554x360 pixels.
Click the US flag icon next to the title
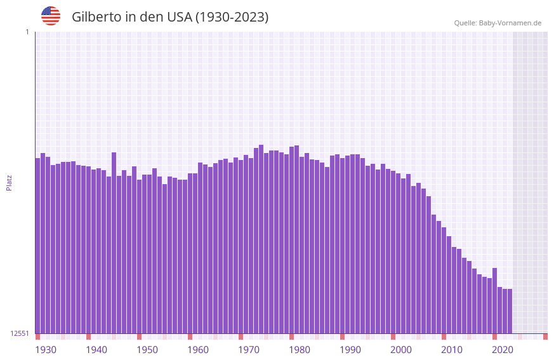pyautogui.click(x=51, y=16)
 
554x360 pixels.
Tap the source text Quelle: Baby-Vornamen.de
pyautogui.click(x=498, y=23)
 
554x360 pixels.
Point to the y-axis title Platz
pyautogui.click(x=9, y=183)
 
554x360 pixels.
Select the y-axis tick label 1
pyautogui.click(x=27, y=32)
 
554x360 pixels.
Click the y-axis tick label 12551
pyautogui.click(x=20, y=333)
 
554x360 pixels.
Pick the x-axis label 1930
pyautogui.click(x=46, y=350)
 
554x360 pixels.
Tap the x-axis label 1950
pyautogui.click(x=147, y=350)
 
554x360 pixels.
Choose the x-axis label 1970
pyautogui.click(x=249, y=350)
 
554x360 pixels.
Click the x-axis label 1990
pyautogui.click(x=350, y=350)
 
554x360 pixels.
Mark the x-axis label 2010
pyautogui.click(x=452, y=350)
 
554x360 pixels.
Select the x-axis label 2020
pyautogui.click(x=503, y=350)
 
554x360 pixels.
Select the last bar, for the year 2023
pyautogui.click(x=510, y=311)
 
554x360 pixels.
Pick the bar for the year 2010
pyautogui.click(x=444, y=280)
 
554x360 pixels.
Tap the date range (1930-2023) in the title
pyautogui.click(x=232, y=17)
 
